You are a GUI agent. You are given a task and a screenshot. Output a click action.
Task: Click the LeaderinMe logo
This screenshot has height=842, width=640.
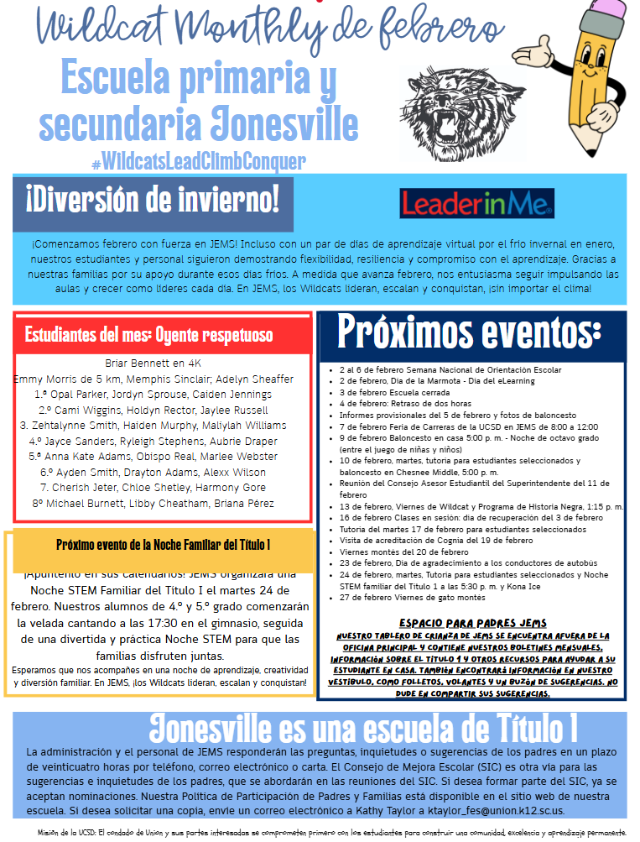click(x=476, y=202)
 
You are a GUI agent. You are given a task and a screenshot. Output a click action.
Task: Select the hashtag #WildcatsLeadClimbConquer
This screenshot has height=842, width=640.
click(x=198, y=160)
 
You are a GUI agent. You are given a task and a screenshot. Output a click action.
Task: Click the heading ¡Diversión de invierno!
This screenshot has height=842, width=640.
click(x=152, y=201)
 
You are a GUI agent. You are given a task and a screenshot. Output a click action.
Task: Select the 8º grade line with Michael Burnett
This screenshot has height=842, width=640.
click(x=153, y=503)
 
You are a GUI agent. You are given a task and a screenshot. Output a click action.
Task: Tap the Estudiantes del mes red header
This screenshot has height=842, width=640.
click(x=148, y=335)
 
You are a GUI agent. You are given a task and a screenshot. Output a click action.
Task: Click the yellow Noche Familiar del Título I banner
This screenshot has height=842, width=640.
click(x=163, y=545)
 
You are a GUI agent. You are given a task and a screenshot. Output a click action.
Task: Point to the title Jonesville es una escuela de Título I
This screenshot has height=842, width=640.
click(x=362, y=727)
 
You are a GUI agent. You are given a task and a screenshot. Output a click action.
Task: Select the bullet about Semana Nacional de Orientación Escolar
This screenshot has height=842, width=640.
click(x=450, y=369)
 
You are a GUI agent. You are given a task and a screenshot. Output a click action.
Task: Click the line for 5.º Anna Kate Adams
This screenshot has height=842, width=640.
click(x=153, y=456)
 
